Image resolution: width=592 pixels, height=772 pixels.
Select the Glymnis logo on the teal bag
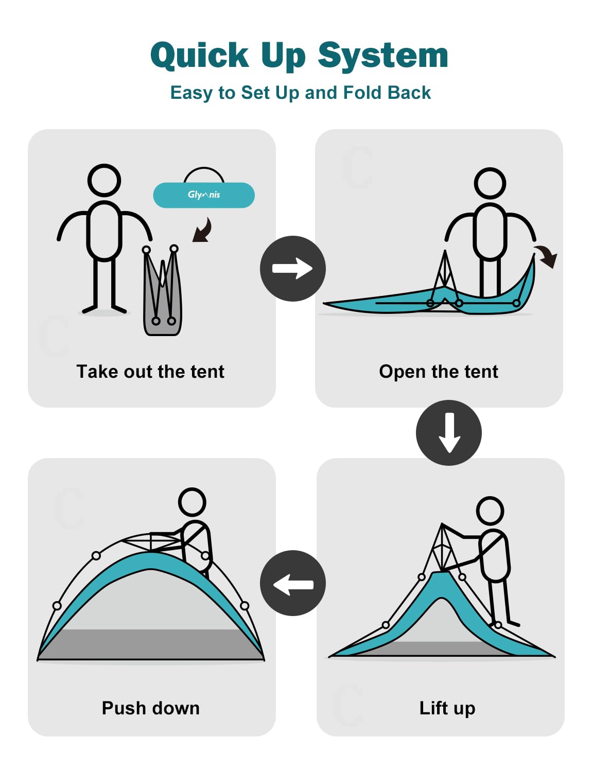204,195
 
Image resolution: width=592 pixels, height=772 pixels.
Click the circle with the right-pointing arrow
292,268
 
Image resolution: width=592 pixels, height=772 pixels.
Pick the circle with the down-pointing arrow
448,432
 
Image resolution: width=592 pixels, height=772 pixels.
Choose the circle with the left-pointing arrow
292,583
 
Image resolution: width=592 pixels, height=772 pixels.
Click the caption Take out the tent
150,372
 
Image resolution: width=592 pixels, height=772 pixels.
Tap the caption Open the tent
439,372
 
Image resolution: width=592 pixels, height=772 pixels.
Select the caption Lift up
447,708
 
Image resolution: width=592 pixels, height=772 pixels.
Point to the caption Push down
151,708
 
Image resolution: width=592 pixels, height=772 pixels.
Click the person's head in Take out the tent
104,180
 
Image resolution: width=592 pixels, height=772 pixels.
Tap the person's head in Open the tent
490,183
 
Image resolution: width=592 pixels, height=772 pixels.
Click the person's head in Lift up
490,510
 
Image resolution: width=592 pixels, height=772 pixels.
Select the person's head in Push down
192,502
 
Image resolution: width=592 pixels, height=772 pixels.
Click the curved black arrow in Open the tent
547,256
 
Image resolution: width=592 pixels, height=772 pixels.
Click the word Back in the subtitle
409,93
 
